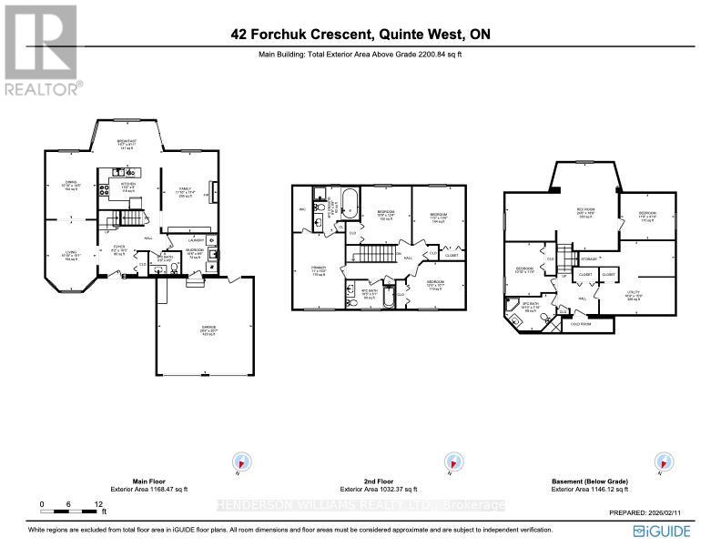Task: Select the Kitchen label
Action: [x=128, y=186]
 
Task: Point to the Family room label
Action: [x=186, y=191]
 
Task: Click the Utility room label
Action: [x=634, y=296]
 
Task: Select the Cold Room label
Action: [x=581, y=323]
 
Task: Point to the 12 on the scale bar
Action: [x=97, y=503]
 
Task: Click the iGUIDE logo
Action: [x=661, y=531]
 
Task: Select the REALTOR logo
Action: [x=42, y=49]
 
